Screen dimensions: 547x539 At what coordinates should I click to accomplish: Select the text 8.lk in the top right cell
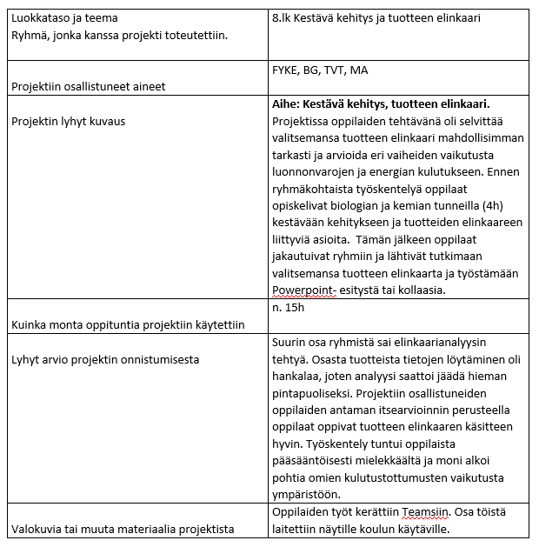pos(283,18)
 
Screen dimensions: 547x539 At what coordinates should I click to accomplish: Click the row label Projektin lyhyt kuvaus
pos(68,121)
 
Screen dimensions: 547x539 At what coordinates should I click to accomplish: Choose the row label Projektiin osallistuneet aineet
pos(88,86)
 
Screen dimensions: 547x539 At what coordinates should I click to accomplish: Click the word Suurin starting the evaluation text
pos(290,342)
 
